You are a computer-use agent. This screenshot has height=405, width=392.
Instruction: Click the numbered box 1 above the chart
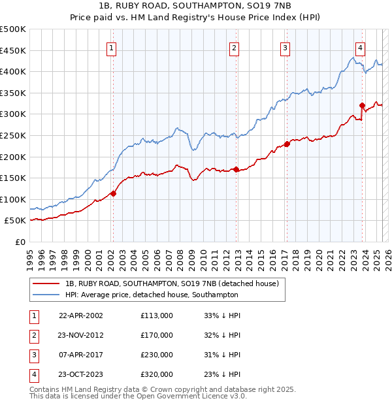coord(112,47)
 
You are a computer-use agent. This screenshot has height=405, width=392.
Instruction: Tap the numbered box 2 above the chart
coord(234,47)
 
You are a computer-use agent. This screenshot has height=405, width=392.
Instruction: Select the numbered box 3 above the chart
coord(286,47)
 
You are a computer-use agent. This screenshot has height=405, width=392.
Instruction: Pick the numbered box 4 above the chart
coord(361,47)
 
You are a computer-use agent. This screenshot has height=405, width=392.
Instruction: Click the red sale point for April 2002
coord(113,193)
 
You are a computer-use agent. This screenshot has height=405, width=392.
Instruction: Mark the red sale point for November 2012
coord(236,169)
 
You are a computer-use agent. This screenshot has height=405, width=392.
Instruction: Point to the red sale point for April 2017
coord(286,144)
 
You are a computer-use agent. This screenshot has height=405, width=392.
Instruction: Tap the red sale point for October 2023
coord(361,105)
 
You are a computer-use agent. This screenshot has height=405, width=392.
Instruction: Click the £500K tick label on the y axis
coord(13,29)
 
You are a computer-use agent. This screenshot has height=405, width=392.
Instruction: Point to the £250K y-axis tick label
coord(13,135)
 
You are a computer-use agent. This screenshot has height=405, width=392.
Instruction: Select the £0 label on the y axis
coord(21,242)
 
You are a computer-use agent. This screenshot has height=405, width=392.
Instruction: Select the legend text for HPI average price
coord(152,295)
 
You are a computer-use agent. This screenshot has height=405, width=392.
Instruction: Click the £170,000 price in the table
coord(157,335)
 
